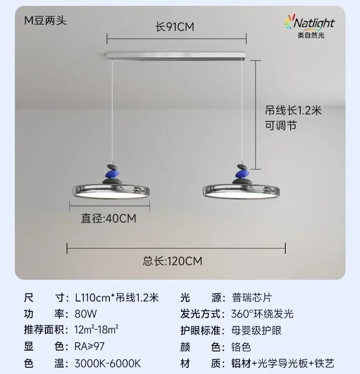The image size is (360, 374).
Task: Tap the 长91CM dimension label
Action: pos(175,27)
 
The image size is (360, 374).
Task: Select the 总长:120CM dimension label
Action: pos(172,260)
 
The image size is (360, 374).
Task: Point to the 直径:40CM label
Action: pos(108,219)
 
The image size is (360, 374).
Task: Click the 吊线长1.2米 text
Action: pos(293,110)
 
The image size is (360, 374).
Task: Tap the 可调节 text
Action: pos(280,125)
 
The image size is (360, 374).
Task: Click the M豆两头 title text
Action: pos(45,21)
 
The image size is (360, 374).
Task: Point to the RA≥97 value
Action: pos(90,347)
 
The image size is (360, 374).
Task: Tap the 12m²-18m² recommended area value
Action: pos(97,330)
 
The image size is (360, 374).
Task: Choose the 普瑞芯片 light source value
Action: pos(252,298)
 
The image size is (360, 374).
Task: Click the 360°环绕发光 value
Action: pos(262,314)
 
